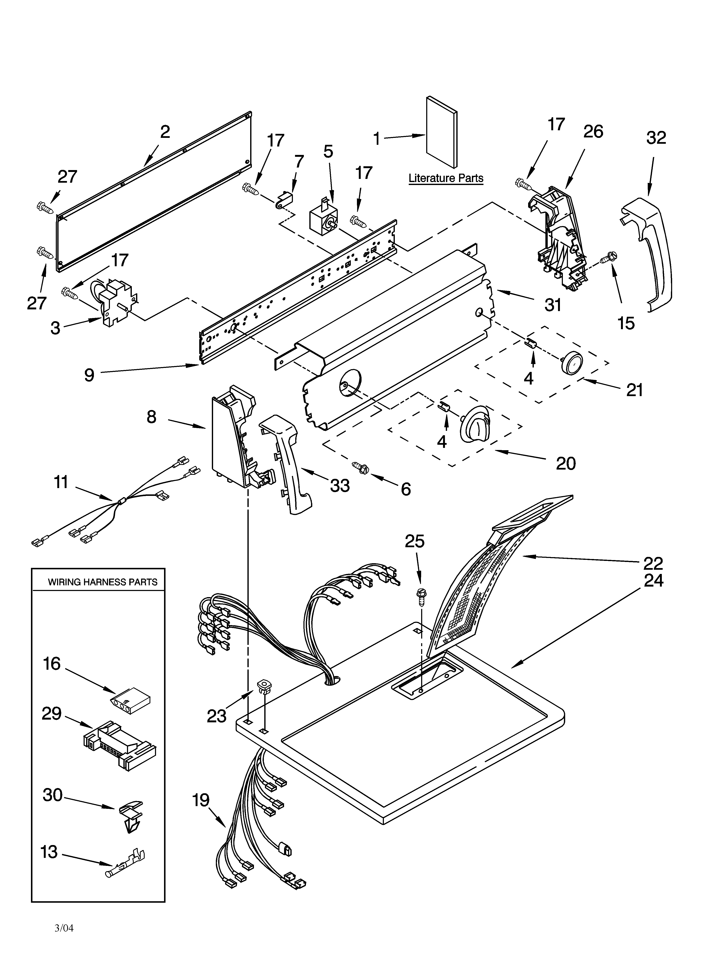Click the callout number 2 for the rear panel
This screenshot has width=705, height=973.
165,132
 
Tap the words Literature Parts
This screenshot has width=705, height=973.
446,178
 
